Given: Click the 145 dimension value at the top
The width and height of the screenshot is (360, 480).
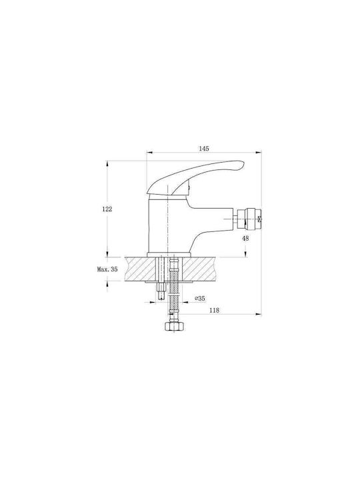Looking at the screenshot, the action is click(204, 149).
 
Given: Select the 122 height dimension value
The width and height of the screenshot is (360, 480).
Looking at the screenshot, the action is click(107, 209).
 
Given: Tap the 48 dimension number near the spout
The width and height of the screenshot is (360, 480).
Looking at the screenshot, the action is click(245, 238).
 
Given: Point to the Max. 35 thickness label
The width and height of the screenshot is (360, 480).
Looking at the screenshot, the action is click(107, 269).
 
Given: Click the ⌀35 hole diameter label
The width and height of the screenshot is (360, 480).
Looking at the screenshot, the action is click(200, 298).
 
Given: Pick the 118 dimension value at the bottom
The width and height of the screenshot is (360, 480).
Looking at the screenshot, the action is click(214, 310).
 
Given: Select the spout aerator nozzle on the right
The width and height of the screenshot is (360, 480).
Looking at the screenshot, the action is click(249, 219).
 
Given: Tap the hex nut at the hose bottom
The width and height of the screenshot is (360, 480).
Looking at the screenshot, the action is click(173, 326).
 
